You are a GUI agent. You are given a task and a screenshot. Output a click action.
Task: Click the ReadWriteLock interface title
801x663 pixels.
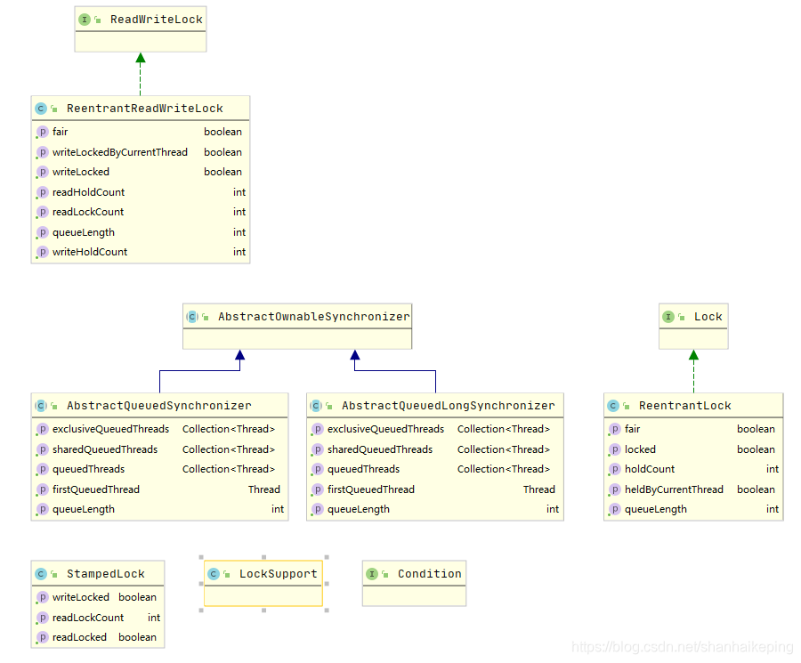[156, 20]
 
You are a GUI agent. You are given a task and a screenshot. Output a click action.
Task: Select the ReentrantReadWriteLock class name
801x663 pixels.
[144, 109]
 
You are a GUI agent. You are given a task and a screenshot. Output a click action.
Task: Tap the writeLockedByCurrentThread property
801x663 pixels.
[119, 152]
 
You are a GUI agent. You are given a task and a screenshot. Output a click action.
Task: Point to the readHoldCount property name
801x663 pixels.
[88, 192]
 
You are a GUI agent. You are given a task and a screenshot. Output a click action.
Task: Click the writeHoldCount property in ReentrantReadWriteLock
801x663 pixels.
[90, 252]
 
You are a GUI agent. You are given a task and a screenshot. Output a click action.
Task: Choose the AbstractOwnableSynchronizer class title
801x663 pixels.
[313, 317]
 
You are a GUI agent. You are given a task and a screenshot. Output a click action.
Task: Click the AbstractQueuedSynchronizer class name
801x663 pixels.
[158, 406]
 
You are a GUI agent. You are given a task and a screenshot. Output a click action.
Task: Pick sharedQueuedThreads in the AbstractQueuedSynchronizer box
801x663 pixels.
[104, 449]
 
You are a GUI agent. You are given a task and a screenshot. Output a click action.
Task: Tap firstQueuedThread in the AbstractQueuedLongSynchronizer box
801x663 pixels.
[370, 489]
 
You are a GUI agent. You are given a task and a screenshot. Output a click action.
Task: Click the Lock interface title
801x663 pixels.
[708, 317]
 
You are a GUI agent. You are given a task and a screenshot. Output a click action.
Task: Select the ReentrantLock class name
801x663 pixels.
[684, 406]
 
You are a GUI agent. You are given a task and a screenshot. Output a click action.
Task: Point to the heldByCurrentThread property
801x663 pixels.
[674, 489]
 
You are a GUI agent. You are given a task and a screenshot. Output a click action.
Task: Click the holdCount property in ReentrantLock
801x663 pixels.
[649, 469]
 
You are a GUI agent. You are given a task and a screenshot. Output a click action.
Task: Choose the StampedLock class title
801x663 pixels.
[105, 574]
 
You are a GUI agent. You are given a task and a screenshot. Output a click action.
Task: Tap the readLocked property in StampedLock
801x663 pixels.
[79, 637]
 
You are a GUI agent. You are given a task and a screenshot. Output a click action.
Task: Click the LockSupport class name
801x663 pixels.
[278, 574]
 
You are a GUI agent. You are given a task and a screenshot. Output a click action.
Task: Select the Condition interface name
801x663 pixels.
[429, 574]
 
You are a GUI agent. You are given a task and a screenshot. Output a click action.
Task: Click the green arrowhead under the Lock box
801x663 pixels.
[693, 355]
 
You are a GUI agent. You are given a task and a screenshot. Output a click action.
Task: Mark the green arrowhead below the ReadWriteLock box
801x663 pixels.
[140, 59]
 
